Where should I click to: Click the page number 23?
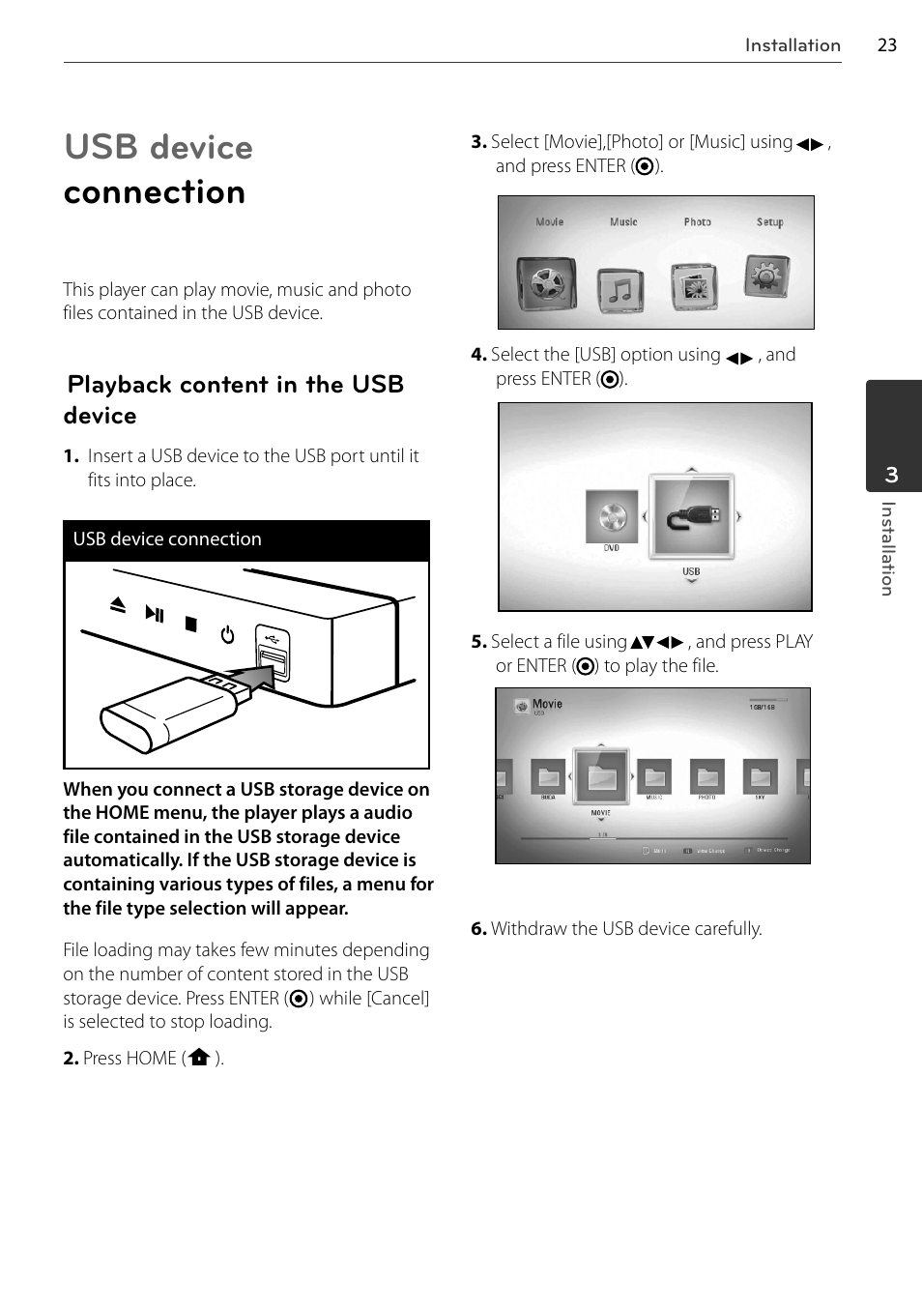[886, 45]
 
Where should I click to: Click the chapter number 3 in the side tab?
[891, 475]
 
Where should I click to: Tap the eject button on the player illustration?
[118, 605]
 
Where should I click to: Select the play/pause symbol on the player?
[155, 613]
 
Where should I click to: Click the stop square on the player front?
[191, 625]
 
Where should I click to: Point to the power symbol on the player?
[228, 635]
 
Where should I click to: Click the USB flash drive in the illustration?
[170, 713]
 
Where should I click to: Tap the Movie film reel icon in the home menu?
[546, 283]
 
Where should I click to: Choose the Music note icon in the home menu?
[620, 289]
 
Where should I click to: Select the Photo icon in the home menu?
[695, 286]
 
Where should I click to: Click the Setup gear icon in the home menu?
[767, 276]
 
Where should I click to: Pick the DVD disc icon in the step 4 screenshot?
[612, 517]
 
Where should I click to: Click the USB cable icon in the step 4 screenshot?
[691, 516]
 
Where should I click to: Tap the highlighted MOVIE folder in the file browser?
[601, 776]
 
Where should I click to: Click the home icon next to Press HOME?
[199, 1058]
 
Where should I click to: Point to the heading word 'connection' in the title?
[155, 192]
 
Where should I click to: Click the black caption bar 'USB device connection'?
[246, 539]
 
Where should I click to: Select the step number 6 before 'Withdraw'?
[477, 929]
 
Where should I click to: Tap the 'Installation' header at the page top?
[792, 45]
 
